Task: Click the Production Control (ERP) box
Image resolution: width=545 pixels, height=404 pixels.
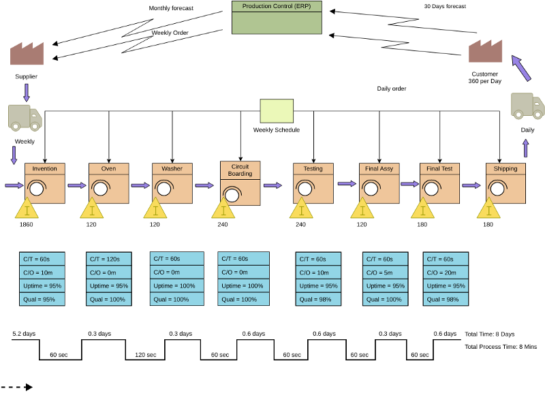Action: pyautogui.click(x=276, y=18)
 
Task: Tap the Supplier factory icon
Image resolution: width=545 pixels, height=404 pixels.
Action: pyautogui.click(x=27, y=54)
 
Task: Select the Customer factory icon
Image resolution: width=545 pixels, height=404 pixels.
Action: pyautogui.click(x=485, y=51)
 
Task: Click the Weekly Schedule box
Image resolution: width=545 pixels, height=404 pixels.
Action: pyautogui.click(x=277, y=111)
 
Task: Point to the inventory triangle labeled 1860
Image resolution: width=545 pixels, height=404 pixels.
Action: pyautogui.click(x=27, y=209)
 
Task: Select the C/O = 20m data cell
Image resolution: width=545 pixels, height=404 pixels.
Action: pyautogui.click(x=446, y=273)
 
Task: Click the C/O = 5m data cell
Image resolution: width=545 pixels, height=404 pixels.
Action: pyautogui.click(x=386, y=273)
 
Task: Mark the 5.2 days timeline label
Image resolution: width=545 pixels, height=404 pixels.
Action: pyautogui.click(x=25, y=334)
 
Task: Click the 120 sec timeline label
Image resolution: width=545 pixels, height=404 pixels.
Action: pyautogui.click(x=146, y=355)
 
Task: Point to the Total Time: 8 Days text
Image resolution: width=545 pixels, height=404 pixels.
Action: pyautogui.click(x=489, y=334)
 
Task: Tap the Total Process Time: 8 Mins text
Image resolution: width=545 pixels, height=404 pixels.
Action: pyautogui.click(x=501, y=347)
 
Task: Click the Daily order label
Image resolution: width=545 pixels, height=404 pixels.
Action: pyautogui.click(x=392, y=89)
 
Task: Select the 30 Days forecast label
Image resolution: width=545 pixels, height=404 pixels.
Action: pyautogui.click(x=445, y=6)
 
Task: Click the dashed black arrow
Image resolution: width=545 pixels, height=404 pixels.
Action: pyautogui.click(x=16, y=387)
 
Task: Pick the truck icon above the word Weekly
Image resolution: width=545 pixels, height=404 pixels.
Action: pyautogui.click(x=25, y=117)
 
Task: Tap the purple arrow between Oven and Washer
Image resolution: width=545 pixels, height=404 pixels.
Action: pyautogui.click(x=140, y=185)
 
